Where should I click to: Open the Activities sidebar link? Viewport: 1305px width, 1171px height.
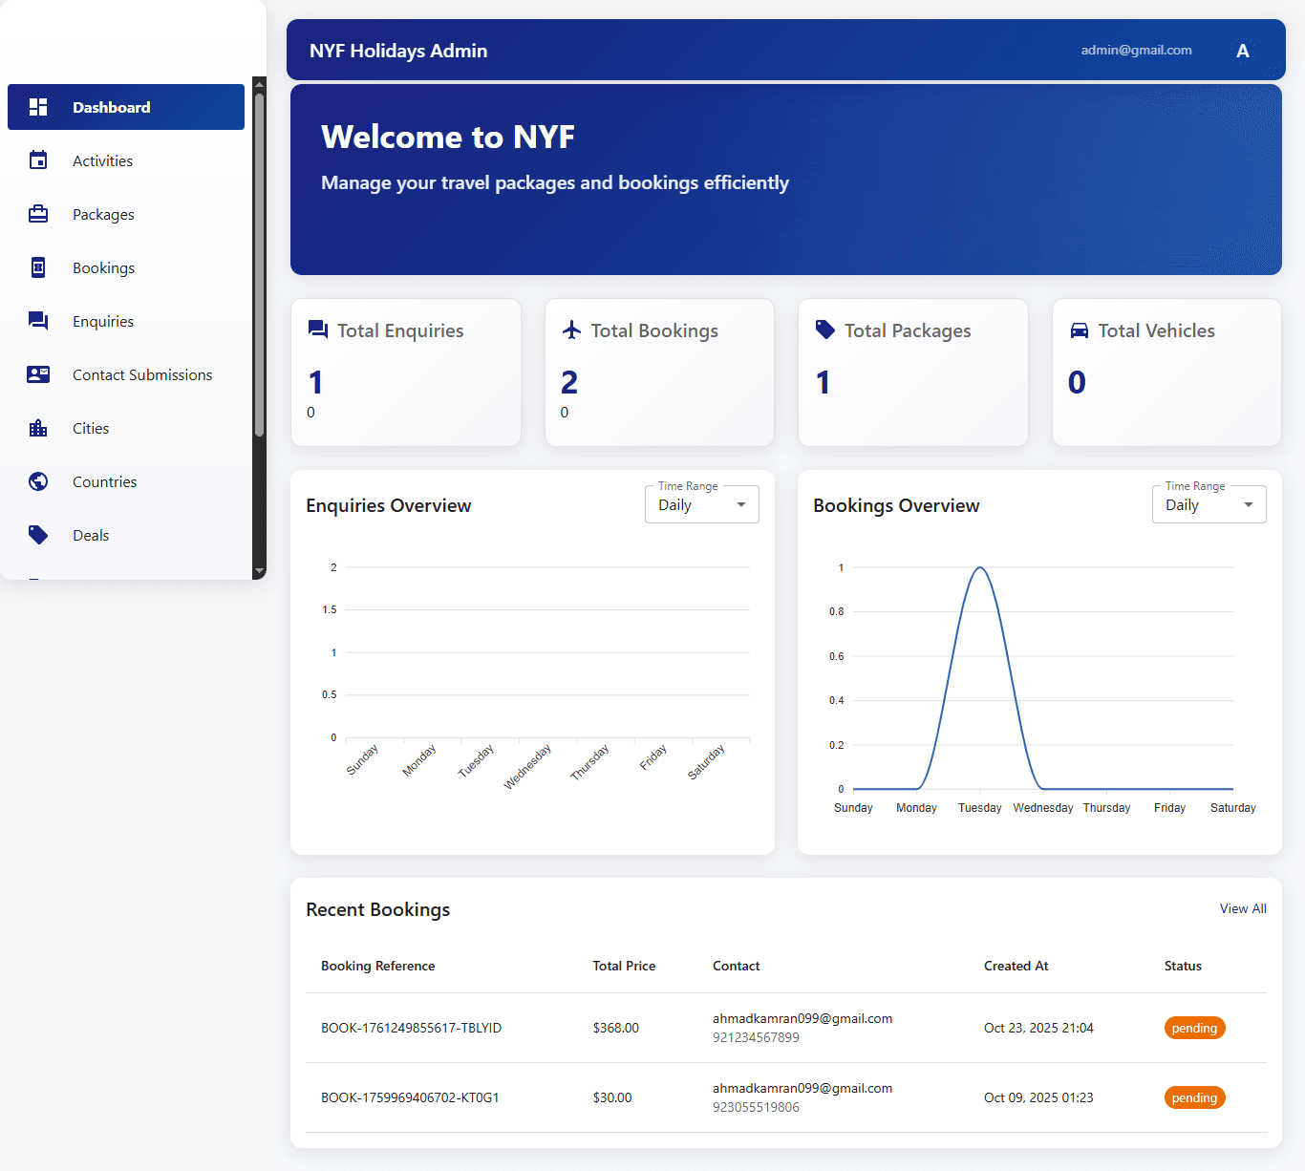point(102,160)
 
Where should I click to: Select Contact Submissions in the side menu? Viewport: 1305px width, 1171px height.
point(141,374)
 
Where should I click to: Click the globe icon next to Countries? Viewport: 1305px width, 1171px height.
point(38,481)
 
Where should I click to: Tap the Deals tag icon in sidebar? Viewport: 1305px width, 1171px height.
point(38,535)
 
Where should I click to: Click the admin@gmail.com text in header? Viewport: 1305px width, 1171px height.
point(1136,50)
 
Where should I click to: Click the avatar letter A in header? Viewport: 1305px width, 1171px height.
point(1242,51)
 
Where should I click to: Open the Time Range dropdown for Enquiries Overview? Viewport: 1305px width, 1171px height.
point(701,504)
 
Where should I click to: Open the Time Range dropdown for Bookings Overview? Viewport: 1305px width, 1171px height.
point(1209,504)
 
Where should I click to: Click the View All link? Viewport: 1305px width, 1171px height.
point(1242,908)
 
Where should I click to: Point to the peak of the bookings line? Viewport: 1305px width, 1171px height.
point(979,568)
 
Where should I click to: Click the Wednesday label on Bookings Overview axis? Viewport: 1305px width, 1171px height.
point(1042,808)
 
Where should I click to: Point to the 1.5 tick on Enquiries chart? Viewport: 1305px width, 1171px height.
point(330,609)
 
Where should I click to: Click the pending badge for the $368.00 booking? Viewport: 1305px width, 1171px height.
point(1194,1028)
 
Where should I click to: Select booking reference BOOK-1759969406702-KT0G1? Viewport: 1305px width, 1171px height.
point(410,1097)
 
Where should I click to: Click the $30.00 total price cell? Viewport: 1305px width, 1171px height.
point(612,1097)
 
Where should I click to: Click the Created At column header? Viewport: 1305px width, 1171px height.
point(1016,966)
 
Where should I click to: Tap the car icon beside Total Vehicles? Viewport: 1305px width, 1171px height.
point(1079,330)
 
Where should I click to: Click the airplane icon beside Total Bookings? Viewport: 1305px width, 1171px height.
point(571,330)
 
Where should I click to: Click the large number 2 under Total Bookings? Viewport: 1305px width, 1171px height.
point(569,382)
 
